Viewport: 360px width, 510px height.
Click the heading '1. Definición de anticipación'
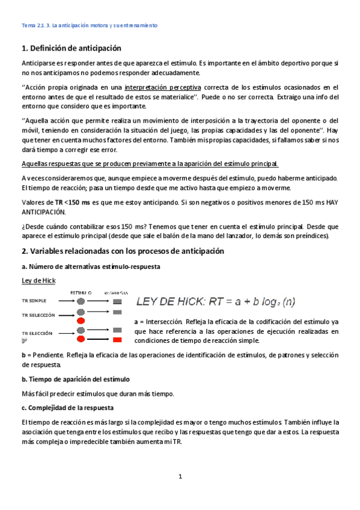71,48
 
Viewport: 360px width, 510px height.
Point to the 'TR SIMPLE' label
34,300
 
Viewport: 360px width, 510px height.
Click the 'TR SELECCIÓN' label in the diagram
38,315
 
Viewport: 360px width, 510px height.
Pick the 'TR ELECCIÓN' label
37,333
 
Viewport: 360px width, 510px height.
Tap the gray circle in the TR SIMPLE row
80,300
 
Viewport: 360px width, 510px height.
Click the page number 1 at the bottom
180,477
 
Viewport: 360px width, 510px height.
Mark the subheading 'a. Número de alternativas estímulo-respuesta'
90,266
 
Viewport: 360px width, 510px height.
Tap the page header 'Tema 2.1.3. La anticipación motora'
89,26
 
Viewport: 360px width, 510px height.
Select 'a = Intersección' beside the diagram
160,321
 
